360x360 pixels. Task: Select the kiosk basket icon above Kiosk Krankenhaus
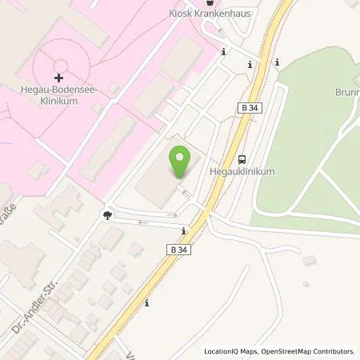[209, 3]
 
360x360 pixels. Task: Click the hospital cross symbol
[57, 78]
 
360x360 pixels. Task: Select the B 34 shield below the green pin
[179, 250]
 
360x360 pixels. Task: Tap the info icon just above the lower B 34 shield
[185, 232]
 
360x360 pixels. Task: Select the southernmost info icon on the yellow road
[146, 302]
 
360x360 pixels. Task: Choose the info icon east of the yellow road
[277, 62]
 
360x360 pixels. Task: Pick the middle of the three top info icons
[250, 64]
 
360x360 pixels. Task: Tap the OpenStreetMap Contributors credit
[310, 351]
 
